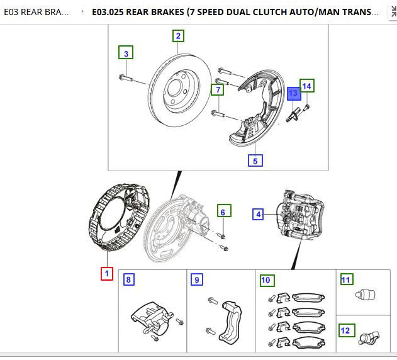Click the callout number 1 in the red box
click(x=107, y=274)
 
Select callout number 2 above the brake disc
click(x=178, y=36)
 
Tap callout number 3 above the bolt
click(x=126, y=53)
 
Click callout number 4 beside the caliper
click(x=258, y=215)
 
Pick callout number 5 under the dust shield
click(x=255, y=160)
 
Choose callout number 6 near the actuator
click(x=224, y=212)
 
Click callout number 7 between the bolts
click(x=218, y=90)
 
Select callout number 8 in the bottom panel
click(x=128, y=279)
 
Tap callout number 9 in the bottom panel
click(x=197, y=279)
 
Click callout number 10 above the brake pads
click(x=266, y=279)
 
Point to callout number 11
click(x=347, y=279)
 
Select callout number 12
click(x=347, y=330)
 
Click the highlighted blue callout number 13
click(x=293, y=93)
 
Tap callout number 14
click(x=306, y=86)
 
